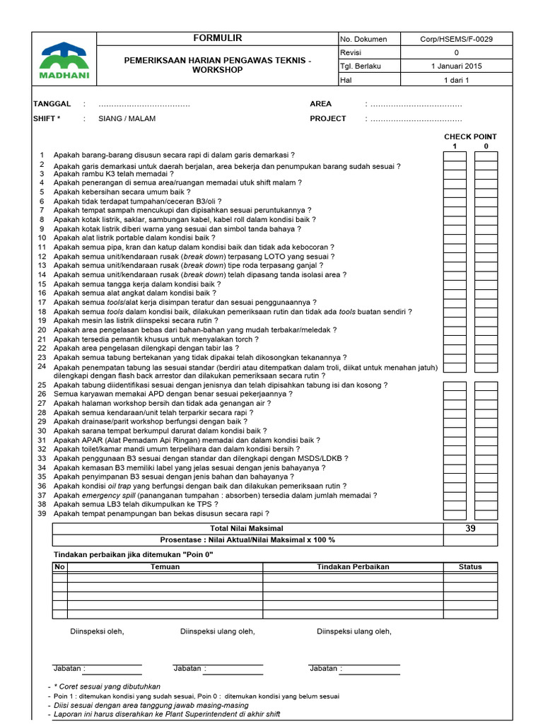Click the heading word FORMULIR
coord(218,38)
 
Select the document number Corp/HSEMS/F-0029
coord(456,40)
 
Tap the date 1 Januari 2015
coord(456,66)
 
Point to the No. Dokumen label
coord(364,40)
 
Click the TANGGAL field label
coord(52,104)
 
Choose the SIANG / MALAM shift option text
coord(127,119)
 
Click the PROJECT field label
coord(328,119)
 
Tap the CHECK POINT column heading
coord(470,136)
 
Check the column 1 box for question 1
coord(455,156)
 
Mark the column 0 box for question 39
coord(486,514)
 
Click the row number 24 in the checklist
coord(42,367)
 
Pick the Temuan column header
coord(165,566)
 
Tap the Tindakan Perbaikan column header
coord(353,566)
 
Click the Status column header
coord(470,566)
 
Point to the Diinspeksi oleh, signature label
coord(97,631)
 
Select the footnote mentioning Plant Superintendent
coord(167,714)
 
